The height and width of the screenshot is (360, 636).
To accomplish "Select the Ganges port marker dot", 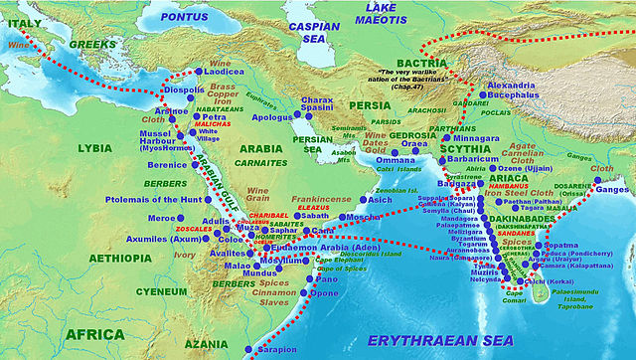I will click(598, 189).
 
